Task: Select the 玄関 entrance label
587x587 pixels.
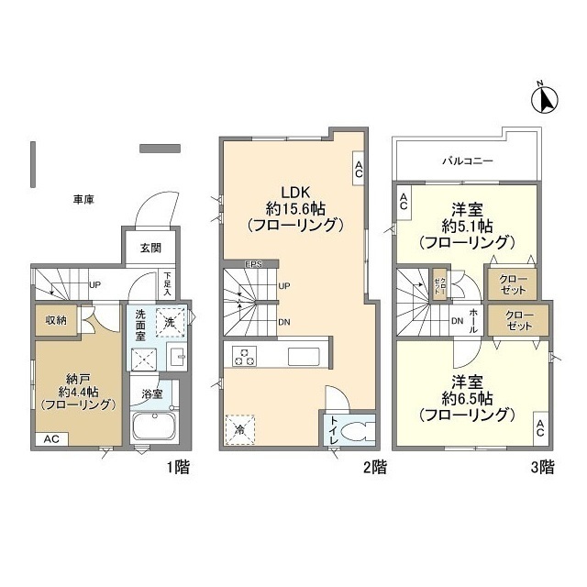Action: (150, 248)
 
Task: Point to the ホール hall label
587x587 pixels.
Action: (474, 318)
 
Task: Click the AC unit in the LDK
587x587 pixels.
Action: (359, 168)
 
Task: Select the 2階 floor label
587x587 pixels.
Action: (374, 467)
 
